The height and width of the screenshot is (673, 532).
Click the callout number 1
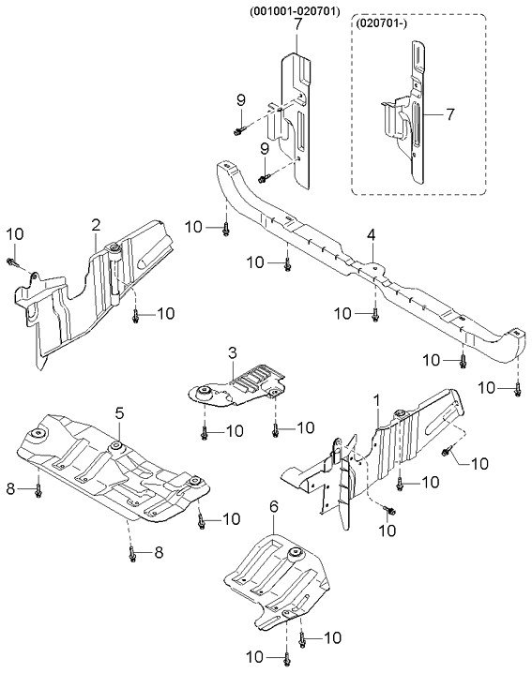376,401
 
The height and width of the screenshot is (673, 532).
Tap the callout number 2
96,224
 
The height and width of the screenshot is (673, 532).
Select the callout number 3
231,352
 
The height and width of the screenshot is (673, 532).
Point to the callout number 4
372,233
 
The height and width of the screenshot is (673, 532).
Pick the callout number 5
119,412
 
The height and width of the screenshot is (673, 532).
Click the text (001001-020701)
296,11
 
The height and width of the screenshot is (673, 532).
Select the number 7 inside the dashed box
449,114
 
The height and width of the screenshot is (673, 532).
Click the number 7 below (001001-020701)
297,24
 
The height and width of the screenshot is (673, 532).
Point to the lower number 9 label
265,149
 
